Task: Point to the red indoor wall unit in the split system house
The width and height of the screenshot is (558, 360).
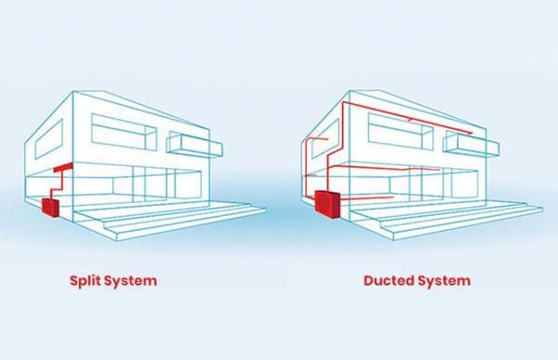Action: [x=63, y=169]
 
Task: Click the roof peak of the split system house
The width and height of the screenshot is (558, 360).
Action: [x=73, y=91]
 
